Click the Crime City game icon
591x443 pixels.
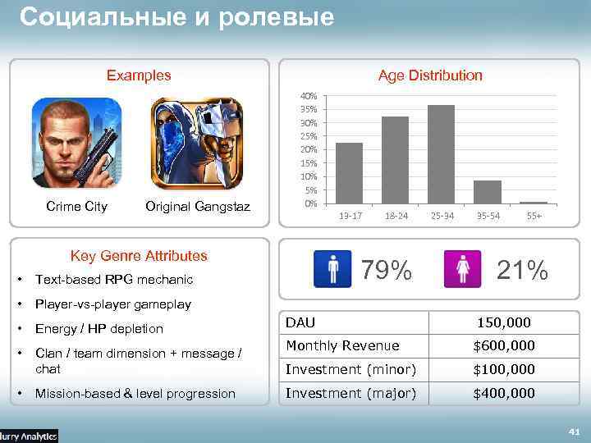(76, 144)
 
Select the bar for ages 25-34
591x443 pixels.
(441, 154)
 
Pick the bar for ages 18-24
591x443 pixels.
(395, 160)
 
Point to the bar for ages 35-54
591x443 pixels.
(488, 192)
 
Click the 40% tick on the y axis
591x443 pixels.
(309, 96)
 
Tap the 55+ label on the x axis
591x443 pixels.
(534, 215)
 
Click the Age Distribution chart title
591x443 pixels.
(430, 75)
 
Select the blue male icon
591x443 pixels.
(332, 269)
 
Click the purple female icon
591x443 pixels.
(462, 269)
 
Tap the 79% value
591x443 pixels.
(387, 269)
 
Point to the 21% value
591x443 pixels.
(521, 269)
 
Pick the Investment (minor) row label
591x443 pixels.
(350, 370)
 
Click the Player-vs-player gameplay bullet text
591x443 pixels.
(112, 304)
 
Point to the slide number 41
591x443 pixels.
(574, 431)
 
